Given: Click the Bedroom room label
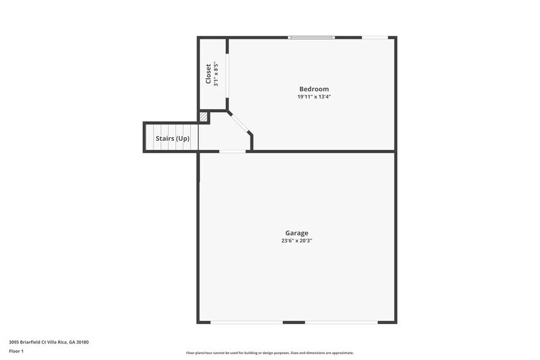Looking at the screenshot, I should (x=313, y=89).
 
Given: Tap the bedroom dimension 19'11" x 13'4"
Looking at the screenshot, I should (x=313, y=97).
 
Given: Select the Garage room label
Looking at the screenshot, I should (x=296, y=233).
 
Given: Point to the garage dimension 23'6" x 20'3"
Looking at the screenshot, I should (x=296, y=241).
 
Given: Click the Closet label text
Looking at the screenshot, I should (x=208, y=74).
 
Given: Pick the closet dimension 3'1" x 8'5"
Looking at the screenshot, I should (x=216, y=74).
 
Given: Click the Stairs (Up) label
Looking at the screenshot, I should (x=172, y=139).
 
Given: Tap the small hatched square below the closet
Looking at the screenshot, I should (x=203, y=116).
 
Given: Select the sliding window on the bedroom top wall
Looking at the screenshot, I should (x=312, y=38).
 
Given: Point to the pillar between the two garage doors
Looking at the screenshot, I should (x=294, y=322).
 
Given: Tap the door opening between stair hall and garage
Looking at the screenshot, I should (x=233, y=151).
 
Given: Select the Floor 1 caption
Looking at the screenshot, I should (x=16, y=351).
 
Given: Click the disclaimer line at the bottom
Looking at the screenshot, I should (x=269, y=353).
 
